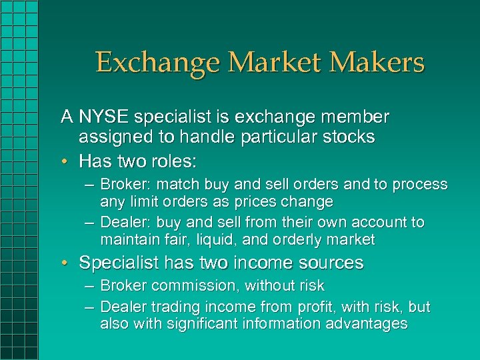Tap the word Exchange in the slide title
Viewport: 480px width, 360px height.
click(x=157, y=63)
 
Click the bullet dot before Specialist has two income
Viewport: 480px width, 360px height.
click(x=68, y=263)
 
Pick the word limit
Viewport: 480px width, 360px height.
click(x=141, y=201)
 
